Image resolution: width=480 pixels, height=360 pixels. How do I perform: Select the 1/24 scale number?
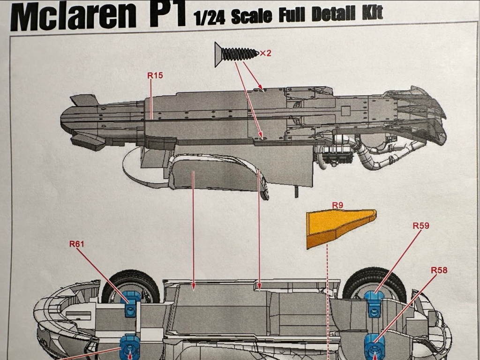tap(210, 18)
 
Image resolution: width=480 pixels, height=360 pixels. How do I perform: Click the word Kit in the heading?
tap(372, 13)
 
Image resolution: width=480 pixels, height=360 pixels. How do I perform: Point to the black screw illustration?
tap(236, 54)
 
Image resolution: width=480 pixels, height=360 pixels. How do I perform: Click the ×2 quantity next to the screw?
tap(266, 53)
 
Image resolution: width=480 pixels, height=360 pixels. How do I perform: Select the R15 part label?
tap(155, 75)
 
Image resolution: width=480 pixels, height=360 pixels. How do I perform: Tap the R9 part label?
tap(337, 205)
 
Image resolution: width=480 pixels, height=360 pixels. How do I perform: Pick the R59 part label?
tap(421, 225)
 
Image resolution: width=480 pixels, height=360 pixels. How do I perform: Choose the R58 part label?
tap(439, 270)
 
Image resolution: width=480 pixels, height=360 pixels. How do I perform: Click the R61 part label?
tap(76, 244)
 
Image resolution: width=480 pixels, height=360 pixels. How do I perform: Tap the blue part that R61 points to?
tap(131, 303)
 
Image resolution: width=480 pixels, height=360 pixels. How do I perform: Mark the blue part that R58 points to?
tap(374, 346)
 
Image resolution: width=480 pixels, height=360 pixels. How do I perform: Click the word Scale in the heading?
tap(251, 16)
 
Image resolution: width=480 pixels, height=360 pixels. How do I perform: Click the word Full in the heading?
tap(292, 15)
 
